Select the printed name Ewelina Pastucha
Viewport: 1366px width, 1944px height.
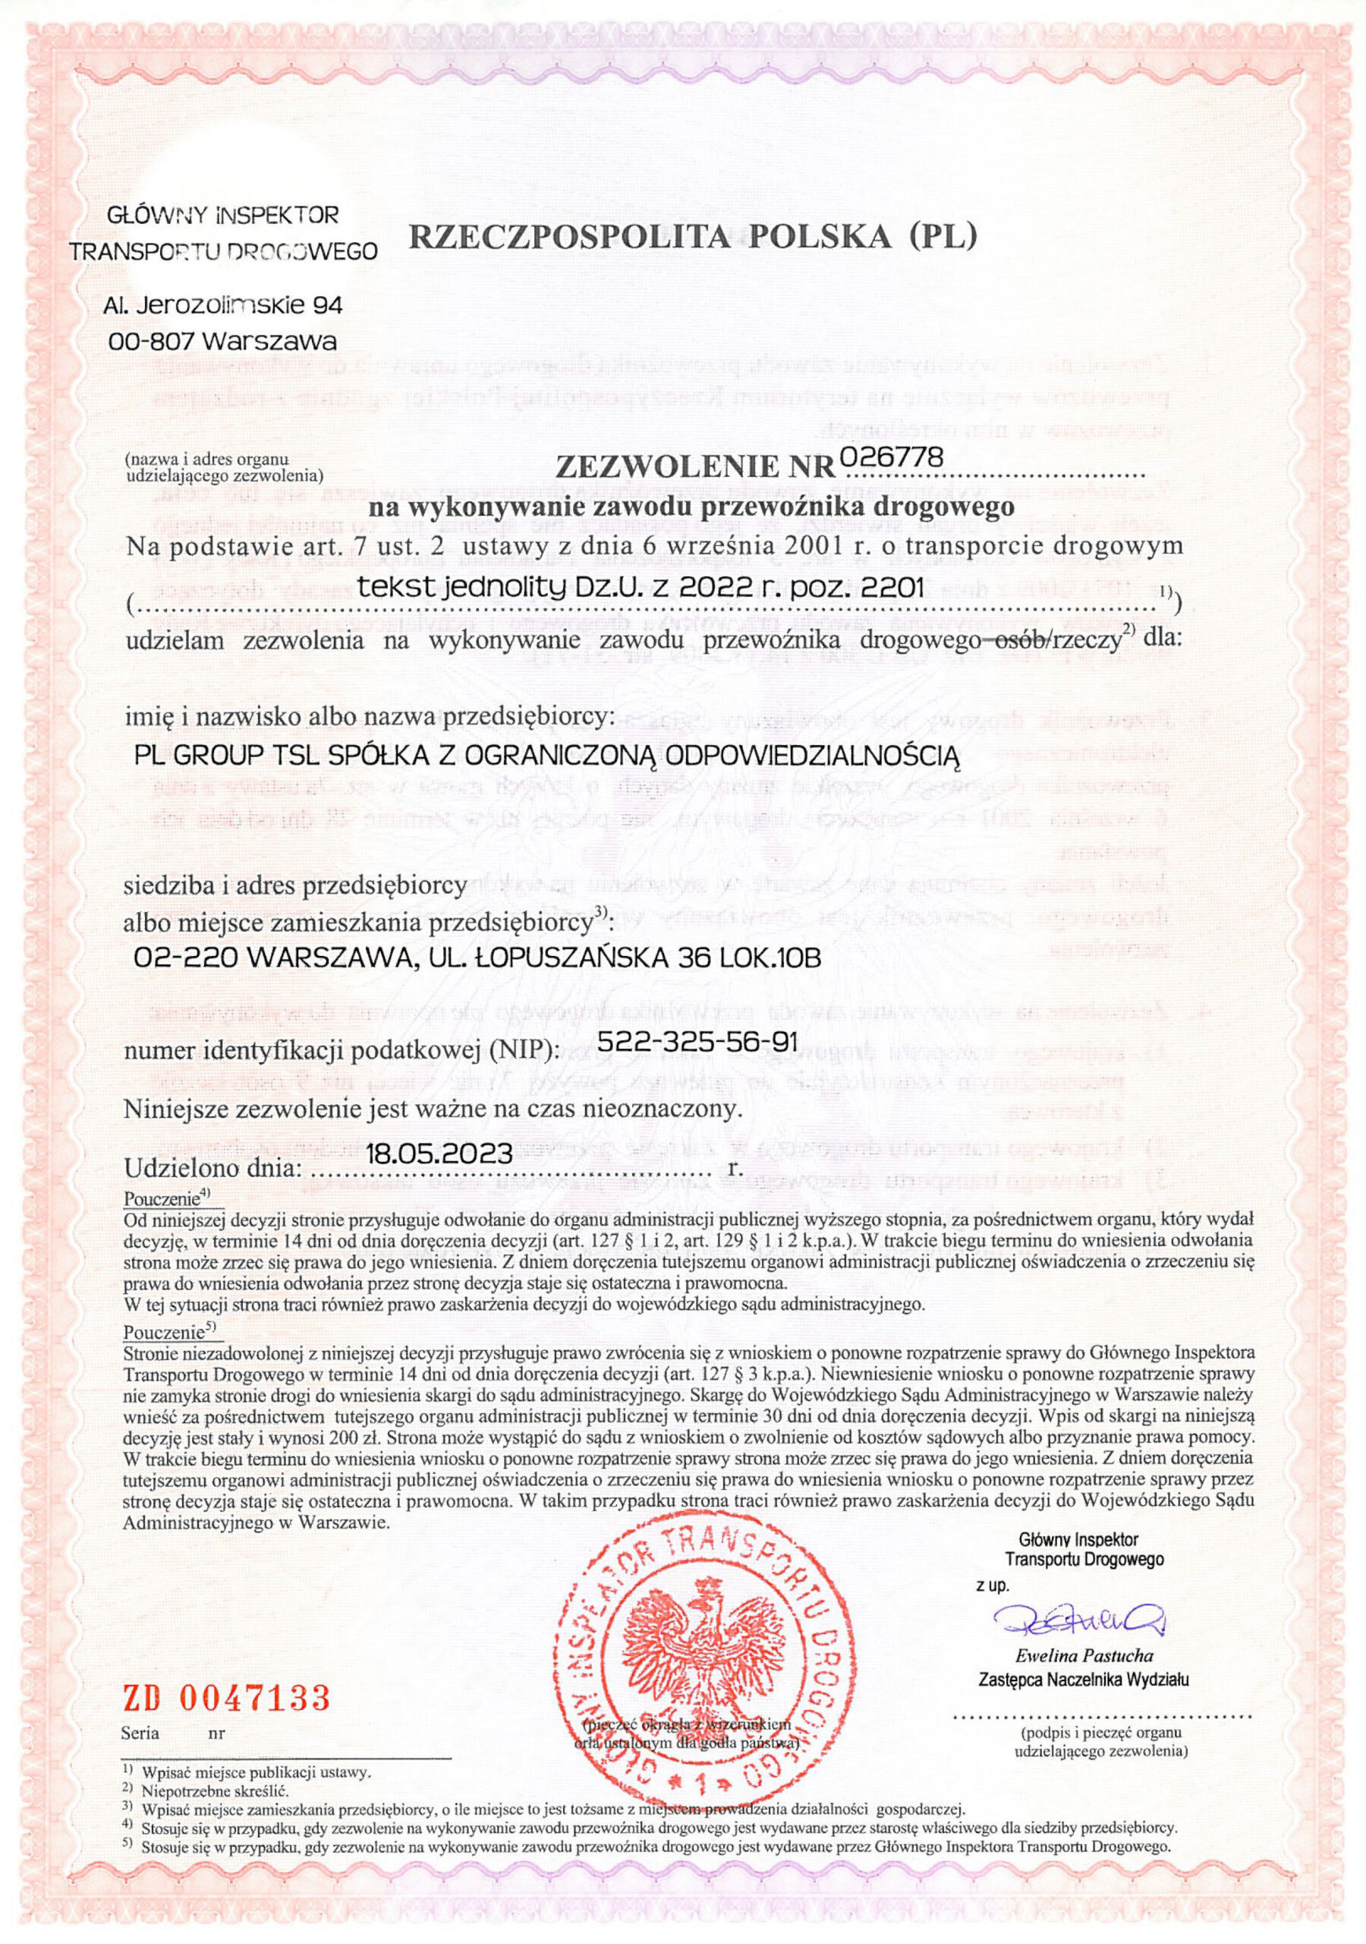coord(1085,1655)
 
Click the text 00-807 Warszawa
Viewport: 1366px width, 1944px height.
coord(223,342)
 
